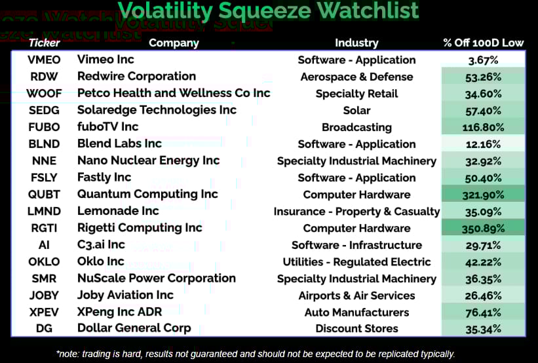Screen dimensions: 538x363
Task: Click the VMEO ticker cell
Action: tap(44, 60)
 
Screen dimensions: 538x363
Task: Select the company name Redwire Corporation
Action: tap(136, 76)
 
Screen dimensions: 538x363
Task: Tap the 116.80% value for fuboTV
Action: tap(483, 128)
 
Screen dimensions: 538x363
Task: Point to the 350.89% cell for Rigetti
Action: tap(483, 229)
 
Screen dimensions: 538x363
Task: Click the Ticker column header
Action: tap(45, 43)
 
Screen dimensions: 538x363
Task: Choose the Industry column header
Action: tap(357, 43)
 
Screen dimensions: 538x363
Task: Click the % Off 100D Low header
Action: tap(483, 43)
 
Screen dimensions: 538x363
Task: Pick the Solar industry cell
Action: tap(357, 111)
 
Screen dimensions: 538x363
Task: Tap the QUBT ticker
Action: tap(44, 195)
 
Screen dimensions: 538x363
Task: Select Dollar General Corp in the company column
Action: tap(134, 328)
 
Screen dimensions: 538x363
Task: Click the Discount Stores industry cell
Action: tap(357, 329)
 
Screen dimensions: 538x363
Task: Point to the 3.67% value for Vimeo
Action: tap(483, 60)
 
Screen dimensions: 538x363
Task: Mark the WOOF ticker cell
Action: tap(44, 93)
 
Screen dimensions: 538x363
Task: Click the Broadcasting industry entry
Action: tap(357, 127)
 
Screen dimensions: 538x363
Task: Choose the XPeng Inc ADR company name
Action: tap(119, 312)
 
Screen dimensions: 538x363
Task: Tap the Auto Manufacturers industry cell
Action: tap(357, 313)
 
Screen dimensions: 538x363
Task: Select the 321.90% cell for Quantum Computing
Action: tap(483, 195)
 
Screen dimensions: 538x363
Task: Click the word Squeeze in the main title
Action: tap(265, 11)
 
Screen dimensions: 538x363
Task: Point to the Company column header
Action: tap(174, 43)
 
